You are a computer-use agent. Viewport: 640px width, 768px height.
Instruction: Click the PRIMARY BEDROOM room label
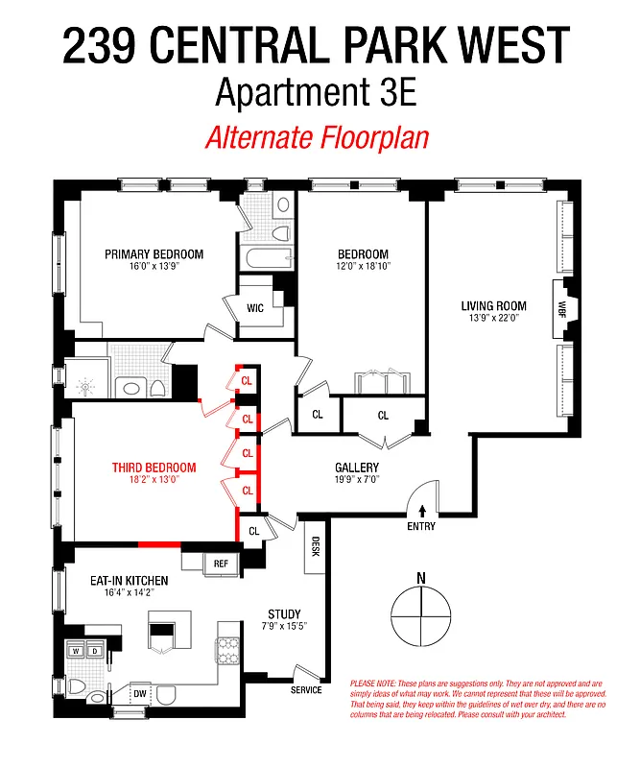tap(154, 254)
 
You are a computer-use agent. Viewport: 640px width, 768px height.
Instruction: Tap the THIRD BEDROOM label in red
tap(154, 468)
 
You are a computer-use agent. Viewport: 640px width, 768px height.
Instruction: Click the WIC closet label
tap(255, 308)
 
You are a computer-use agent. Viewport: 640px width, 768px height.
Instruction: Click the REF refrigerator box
tap(221, 564)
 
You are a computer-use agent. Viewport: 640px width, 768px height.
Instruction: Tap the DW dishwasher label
tap(138, 693)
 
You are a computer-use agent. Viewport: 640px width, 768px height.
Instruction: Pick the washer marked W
tap(76, 651)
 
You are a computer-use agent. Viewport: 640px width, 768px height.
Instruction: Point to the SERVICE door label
tap(306, 689)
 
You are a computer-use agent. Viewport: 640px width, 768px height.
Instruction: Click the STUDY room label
tap(284, 614)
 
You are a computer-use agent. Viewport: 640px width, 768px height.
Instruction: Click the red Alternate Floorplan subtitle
tap(317, 137)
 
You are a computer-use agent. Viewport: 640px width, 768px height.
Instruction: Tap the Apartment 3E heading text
tap(317, 93)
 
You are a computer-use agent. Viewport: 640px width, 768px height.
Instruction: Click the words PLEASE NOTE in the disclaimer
tap(368, 683)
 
